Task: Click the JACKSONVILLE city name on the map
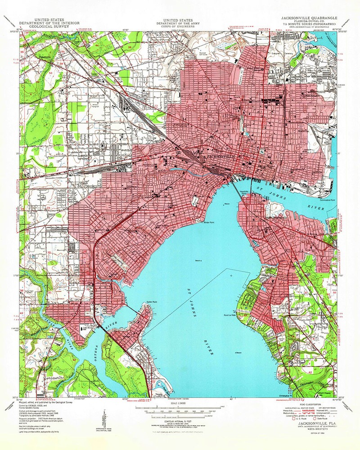[219, 156]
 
